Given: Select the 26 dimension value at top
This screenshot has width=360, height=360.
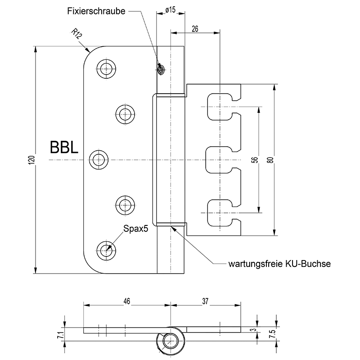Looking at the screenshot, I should pos(195,28).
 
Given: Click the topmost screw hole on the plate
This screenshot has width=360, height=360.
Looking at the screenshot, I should pos(106,68).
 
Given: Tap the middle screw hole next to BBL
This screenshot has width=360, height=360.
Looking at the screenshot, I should pos(99,160).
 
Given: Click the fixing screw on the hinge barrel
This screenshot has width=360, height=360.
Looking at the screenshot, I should pos(161,69).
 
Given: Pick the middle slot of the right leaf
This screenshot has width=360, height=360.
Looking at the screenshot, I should pos(220,160).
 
